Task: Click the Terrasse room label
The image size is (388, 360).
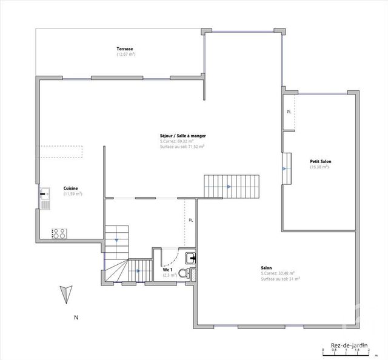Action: point(125,48)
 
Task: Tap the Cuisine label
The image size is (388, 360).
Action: point(71,188)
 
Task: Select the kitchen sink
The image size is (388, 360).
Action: point(45,196)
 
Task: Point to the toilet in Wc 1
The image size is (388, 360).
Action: point(191,273)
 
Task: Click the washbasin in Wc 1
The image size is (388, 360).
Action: point(191,257)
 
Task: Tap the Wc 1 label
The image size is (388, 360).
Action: point(168,270)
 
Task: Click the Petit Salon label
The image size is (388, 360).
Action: point(320,161)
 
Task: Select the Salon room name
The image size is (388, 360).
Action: point(266,268)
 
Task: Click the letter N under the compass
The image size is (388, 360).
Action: point(76,317)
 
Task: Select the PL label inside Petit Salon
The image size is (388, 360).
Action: point(289,112)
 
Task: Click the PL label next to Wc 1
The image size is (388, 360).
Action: point(190,220)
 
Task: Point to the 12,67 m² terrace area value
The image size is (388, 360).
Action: point(125,55)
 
